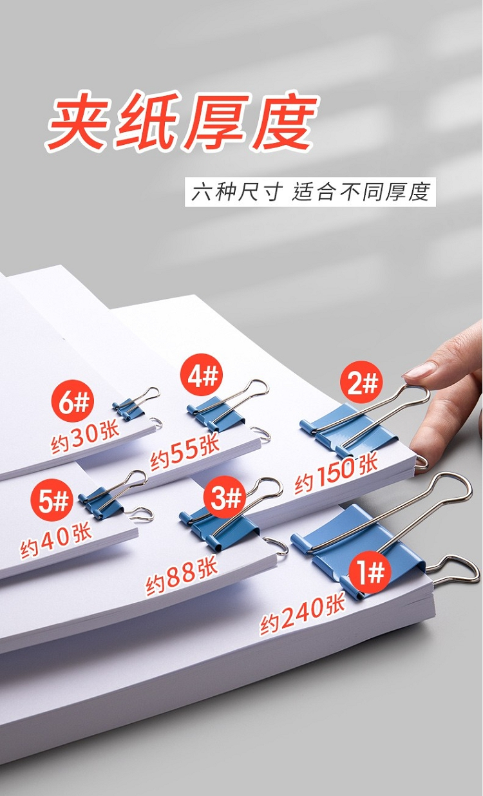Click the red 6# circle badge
tap(73, 403)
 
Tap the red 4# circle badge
tap(202, 375)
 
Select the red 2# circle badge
tap(361, 382)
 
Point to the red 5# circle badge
tap(52, 500)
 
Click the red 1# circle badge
tap(370, 572)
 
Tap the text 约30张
tap(84, 438)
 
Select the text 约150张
tap(336, 475)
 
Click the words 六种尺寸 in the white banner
tap(237, 192)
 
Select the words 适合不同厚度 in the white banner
tap(361, 192)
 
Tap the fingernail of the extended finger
tap(419, 370)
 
